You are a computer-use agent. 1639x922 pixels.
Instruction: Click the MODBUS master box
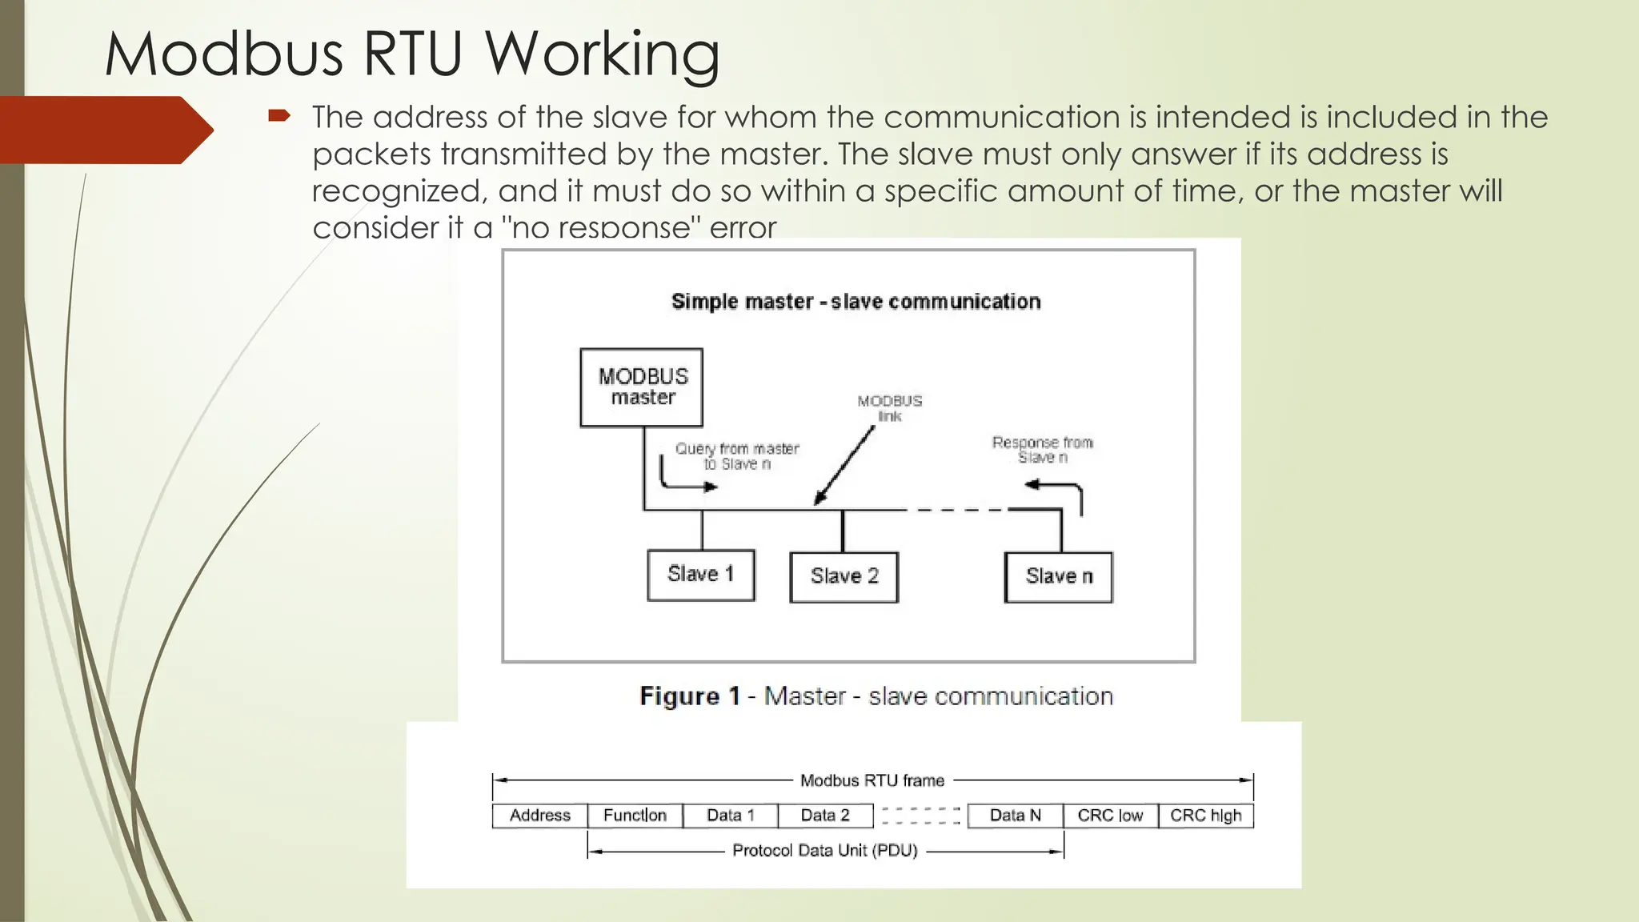coord(642,387)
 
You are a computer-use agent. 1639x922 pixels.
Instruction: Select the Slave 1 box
coord(700,575)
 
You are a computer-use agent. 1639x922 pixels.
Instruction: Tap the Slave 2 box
coord(844,576)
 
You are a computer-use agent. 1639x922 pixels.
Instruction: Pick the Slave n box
coord(1058,576)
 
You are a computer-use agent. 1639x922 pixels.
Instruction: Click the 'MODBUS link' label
coord(889,407)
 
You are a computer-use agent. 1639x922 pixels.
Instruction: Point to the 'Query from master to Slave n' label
coord(736,456)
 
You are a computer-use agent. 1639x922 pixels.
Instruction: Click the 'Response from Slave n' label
coord(1042,449)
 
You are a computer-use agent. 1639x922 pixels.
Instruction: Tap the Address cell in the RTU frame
coord(540,816)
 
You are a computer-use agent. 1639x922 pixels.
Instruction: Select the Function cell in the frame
coord(635,816)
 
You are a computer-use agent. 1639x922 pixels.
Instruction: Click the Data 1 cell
coord(730,816)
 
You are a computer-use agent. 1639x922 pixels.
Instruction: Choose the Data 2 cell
coord(825,816)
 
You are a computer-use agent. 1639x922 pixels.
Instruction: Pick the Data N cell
coord(1015,816)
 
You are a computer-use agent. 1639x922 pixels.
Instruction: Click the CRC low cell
coord(1110,816)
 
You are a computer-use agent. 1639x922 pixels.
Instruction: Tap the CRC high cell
coord(1205,816)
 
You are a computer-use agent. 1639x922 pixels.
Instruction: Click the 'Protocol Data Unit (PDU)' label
coord(824,851)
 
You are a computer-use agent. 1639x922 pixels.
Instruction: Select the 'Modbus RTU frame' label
coord(872,780)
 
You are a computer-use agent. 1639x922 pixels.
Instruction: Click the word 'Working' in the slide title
coord(601,54)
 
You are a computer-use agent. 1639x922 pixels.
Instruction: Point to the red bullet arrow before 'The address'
coord(279,117)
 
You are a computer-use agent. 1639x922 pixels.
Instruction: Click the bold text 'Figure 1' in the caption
coord(689,696)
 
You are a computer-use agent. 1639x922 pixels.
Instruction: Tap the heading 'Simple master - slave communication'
coord(856,302)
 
